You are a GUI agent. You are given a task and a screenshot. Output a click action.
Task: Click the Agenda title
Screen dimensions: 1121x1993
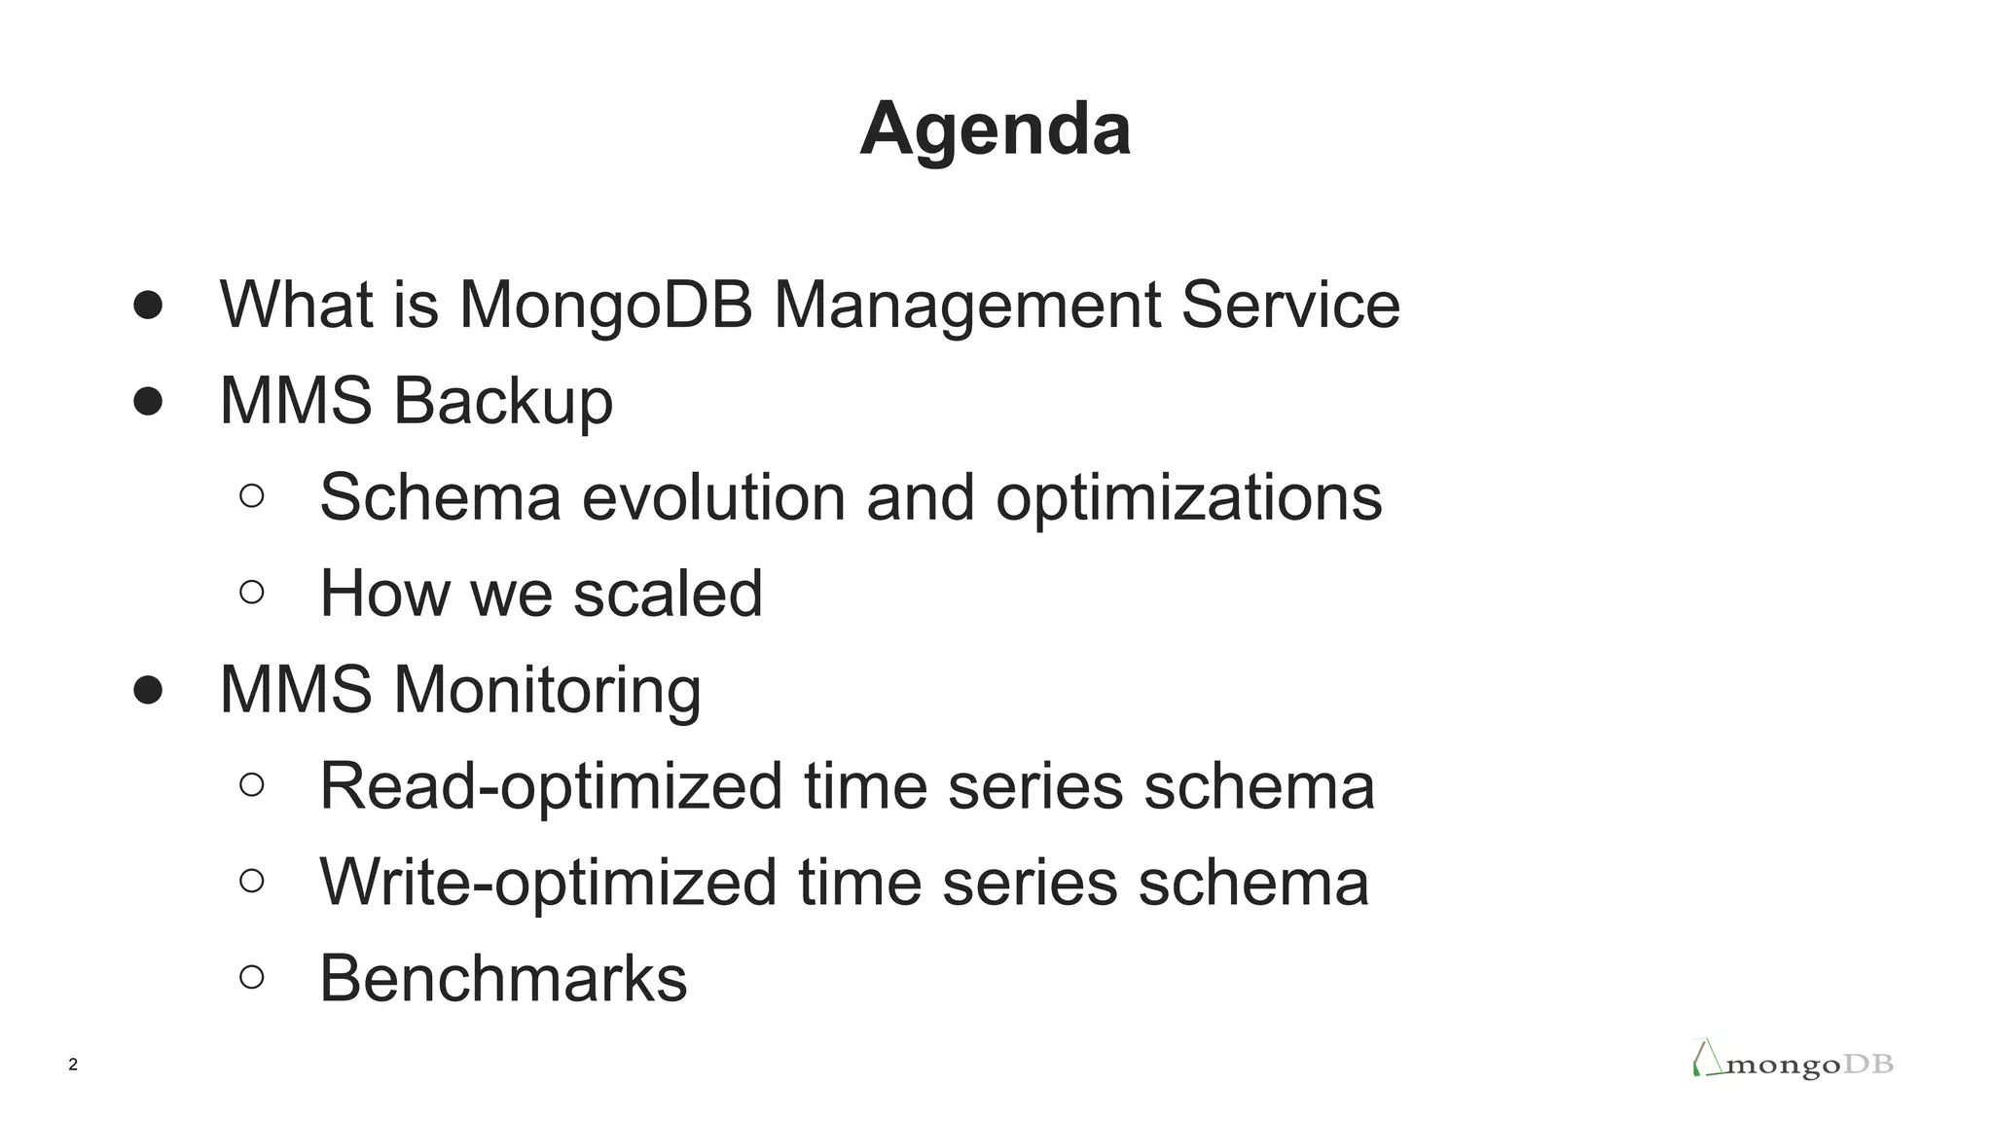coord(995,128)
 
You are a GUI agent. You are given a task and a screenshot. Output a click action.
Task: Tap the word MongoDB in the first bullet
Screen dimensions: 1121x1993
coord(605,305)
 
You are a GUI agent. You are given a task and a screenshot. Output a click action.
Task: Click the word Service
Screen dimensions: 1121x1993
coord(1289,305)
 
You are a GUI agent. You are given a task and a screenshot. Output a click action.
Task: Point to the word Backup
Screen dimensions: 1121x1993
coord(502,401)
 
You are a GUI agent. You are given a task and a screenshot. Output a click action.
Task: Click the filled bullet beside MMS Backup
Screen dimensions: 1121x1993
coord(148,401)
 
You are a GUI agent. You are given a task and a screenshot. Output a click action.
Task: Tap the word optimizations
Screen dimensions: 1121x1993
coord(1188,497)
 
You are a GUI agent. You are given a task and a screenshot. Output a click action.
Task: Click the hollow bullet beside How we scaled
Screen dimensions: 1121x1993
coord(251,592)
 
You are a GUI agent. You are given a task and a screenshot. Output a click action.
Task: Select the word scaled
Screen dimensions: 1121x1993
coord(668,594)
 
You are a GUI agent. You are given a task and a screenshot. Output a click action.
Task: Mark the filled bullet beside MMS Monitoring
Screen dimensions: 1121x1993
coord(148,690)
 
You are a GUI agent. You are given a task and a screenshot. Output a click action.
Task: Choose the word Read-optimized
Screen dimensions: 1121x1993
coord(551,786)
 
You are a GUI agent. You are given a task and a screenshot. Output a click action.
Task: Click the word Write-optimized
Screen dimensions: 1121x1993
coord(548,883)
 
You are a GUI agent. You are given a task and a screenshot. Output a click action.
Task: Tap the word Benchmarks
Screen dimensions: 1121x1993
coord(503,979)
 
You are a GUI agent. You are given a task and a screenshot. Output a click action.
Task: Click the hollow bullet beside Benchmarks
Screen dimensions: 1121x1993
coord(251,977)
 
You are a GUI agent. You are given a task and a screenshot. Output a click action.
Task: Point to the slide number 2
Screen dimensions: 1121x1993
coord(73,1065)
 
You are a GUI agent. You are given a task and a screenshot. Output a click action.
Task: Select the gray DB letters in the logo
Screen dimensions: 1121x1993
coord(1868,1065)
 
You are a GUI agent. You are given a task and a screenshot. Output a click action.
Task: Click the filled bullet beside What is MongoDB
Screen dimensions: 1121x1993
coord(148,305)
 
